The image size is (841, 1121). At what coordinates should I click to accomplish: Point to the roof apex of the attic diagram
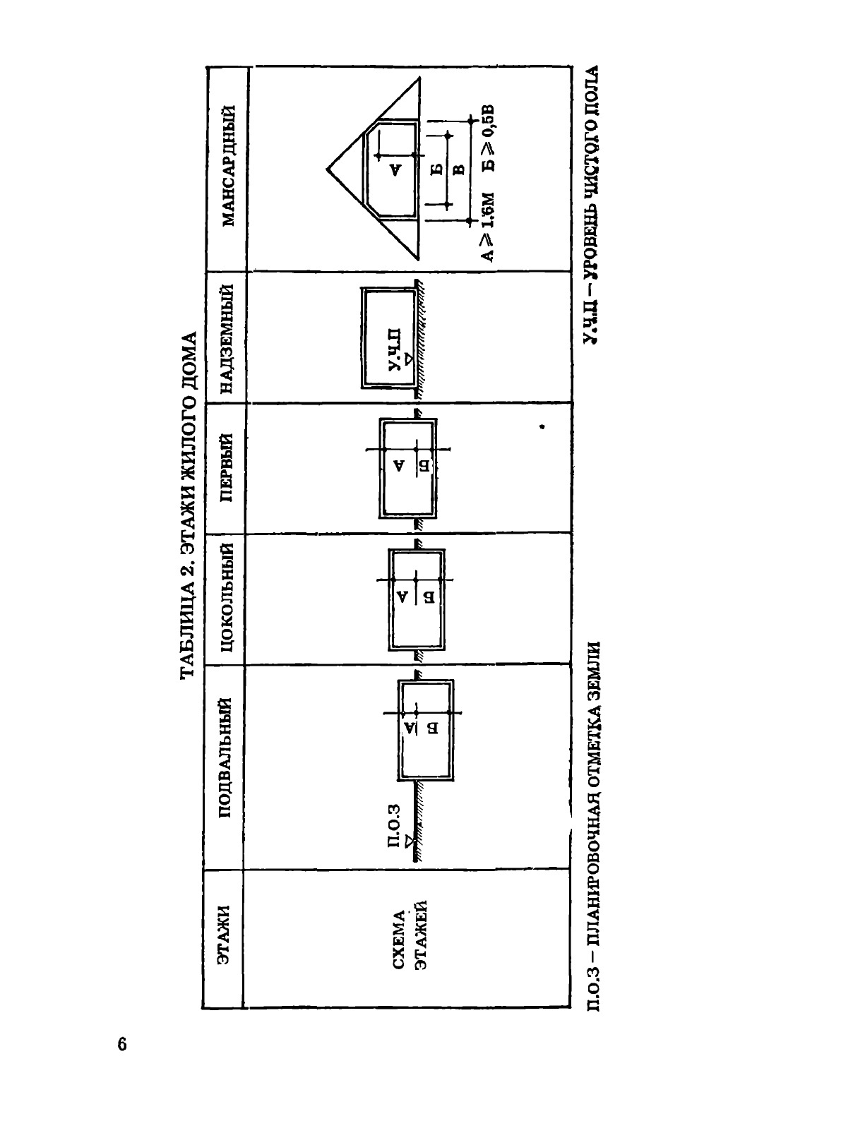pos(327,169)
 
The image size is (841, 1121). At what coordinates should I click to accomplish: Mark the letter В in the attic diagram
pos(457,169)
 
